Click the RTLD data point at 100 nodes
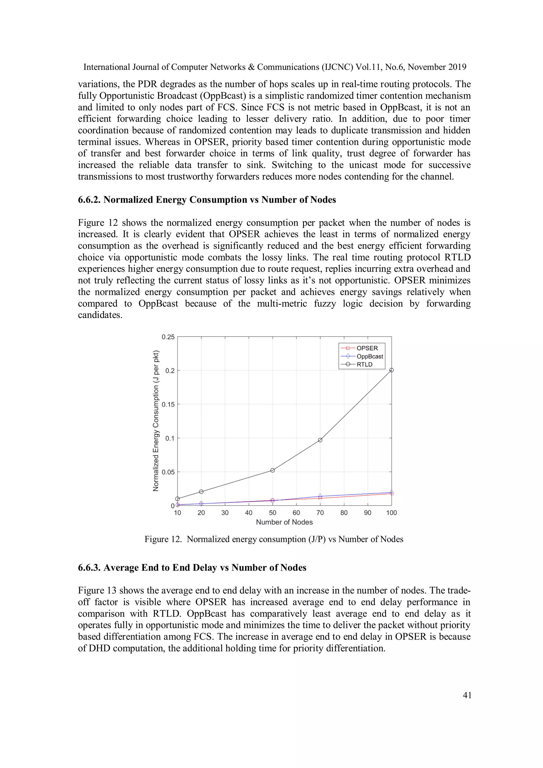[x=391, y=370]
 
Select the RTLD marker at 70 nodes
[x=320, y=440]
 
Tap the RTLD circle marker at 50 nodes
[x=273, y=470]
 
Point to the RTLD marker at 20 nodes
[x=201, y=492]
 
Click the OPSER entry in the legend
[x=367, y=348]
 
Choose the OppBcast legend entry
[x=370, y=357]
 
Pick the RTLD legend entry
[x=364, y=365]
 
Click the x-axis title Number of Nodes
[x=284, y=522]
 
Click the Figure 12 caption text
[x=274, y=539]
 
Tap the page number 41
[x=467, y=695]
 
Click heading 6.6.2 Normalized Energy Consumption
[x=207, y=200]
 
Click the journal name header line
[x=274, y=67]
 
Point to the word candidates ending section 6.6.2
[x=100, y=315]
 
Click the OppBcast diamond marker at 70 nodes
[x=320, y=496]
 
